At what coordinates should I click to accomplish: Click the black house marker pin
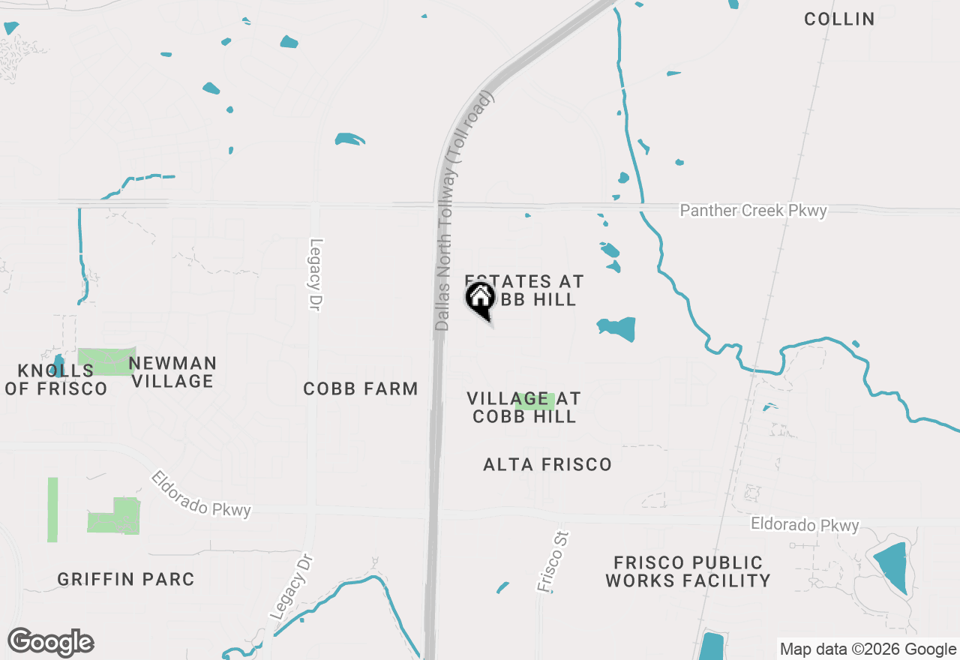click(480, 298)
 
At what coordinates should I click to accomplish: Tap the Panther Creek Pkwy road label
click(753, 211)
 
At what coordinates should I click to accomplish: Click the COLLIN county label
click(839, 19)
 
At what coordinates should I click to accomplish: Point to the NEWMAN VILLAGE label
click(172, 372)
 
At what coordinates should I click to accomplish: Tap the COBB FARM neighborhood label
click(361, 388)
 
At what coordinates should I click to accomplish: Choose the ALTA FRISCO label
click(547, 465)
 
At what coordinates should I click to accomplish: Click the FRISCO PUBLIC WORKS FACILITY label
click(688, 571)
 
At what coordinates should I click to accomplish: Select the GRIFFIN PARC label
click(126, 579)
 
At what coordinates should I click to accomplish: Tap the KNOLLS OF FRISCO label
click(55, 379)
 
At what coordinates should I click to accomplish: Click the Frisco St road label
click(553, 562)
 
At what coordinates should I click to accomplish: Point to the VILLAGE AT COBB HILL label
click(523, 407)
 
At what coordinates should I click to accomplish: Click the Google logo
click(51, 642)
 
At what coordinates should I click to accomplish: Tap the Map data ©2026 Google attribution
click(868, 649)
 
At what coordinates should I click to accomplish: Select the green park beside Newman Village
click(106, 361)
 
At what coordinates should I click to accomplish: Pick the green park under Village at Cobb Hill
click(535, 401)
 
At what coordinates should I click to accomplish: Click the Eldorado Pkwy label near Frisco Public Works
click(805, 525)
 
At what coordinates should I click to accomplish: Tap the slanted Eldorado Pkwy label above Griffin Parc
click(201, 494)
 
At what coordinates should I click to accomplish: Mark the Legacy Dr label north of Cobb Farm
click(316, 274)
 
